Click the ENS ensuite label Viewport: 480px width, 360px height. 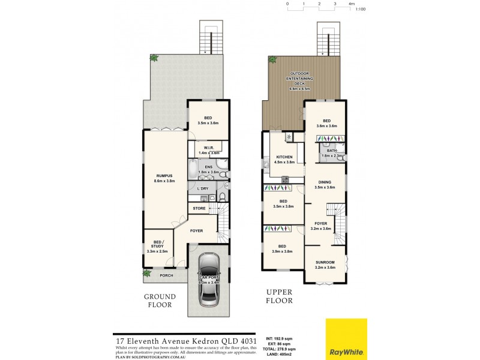209,167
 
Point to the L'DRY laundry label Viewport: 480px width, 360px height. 203,188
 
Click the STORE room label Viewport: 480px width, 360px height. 200,208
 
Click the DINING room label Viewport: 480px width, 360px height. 324,182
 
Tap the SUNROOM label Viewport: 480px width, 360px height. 325,263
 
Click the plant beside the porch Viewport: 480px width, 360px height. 147,274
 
